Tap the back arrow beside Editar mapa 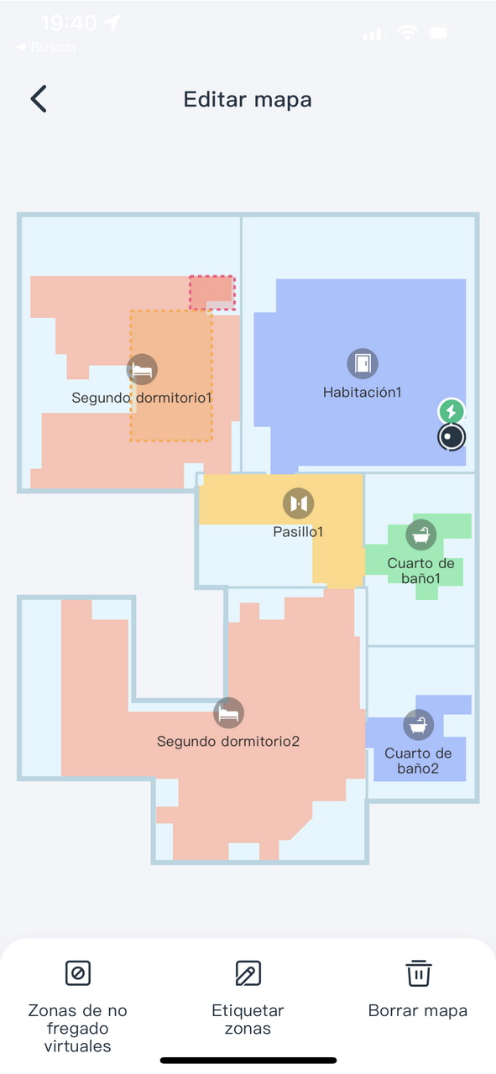(x=39, y=99)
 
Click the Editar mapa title (x=248, y=100)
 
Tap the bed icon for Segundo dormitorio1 (x=142, y=369)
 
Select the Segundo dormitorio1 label (x=142, y=398)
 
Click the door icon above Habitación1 (x=363, y=363)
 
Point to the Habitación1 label (x=363, y=392)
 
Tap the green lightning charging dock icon (x=451, y=411)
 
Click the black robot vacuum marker (x=452, y=437)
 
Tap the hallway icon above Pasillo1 (x=299, y=503)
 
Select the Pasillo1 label (x=298, y=532)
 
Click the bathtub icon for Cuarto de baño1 (x=421, y=534)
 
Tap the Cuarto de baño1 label (x=420, y=571)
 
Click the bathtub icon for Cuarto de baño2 (x=418, y=724)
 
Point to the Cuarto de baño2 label (x=418, y=760)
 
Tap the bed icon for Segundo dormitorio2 (x=228, y=713)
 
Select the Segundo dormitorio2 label (x=228, y=741)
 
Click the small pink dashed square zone (x=212, y=293)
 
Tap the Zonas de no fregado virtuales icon (x=78, y=972)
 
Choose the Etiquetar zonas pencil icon (x=248, y=972)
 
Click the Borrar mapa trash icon (x=418, y=972)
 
